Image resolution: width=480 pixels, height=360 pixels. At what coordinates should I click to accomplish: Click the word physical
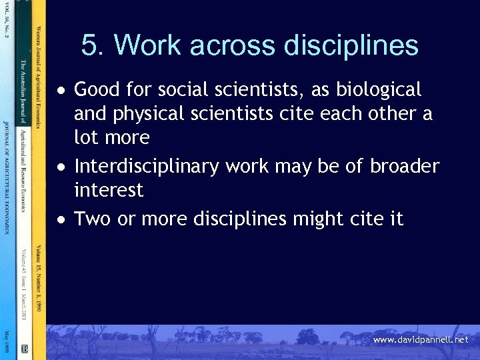148,114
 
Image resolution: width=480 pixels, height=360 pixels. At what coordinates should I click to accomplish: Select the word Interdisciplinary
146,166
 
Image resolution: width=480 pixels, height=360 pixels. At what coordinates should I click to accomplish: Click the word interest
108,191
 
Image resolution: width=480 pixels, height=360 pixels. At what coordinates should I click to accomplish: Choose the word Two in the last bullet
93,219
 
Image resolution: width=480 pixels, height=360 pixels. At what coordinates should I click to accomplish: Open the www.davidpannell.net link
420,340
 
